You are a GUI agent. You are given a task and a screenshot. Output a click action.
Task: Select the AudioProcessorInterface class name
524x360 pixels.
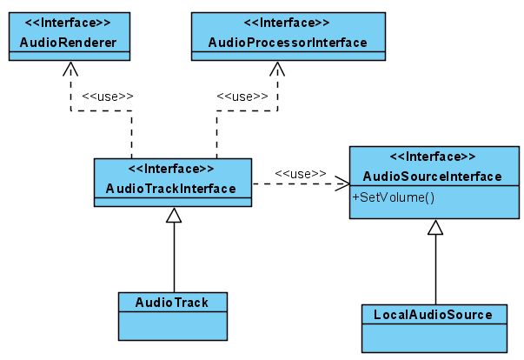click(x=287, y=43)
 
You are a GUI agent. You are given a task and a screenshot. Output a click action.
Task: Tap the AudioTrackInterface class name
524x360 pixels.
click(x=171, y=188)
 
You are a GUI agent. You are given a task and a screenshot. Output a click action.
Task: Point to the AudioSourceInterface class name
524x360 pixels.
click(x=432, y=177)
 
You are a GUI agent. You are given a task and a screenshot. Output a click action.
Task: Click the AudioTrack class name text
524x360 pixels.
click(x=171, y=302)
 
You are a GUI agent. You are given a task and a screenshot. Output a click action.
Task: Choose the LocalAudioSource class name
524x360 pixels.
click(x=433, y=314)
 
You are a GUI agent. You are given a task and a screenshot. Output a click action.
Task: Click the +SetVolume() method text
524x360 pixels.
click(x=393, y=197)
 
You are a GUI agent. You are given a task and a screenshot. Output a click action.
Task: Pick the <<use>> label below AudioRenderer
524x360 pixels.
click(x=107, y=96)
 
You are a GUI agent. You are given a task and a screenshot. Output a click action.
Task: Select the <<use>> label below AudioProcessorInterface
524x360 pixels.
click(x=242, y=96)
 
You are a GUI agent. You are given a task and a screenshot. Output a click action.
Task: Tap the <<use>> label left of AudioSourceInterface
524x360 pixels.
click(x=300, y=173)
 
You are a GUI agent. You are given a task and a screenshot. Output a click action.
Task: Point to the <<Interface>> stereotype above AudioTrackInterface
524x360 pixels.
click(x=171, y=168)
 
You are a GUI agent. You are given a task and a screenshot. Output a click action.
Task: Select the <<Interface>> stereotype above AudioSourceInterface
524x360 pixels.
click(x=432, y=157)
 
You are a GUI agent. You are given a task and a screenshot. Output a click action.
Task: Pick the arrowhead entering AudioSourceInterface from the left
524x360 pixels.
click(x=342, y=183)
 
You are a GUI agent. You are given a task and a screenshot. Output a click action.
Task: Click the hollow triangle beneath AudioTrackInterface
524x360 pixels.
click(x=174, y=216)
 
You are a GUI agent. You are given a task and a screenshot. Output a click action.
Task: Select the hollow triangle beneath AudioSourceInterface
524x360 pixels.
click(x=435, y=228)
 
